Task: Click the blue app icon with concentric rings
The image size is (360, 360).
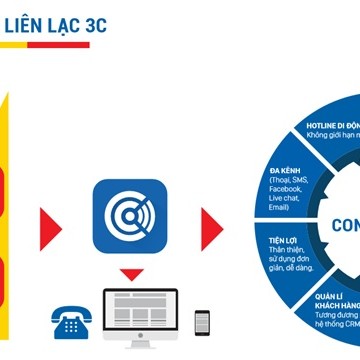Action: click(x=126, y=216)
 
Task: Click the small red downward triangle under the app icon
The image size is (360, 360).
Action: click(x=126, y=273)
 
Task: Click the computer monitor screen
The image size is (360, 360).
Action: click(x=139, y=312)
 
